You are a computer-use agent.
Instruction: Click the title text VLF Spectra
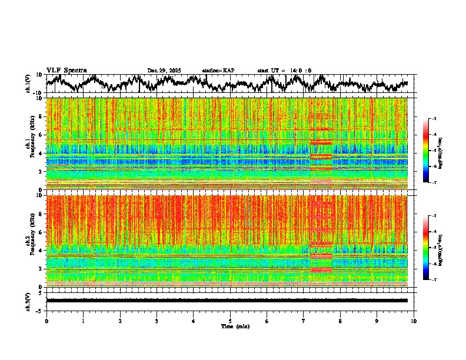pyautogui.click(x=66, y=70)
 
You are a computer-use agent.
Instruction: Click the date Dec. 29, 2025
pyautogui.click(x=165, y=71)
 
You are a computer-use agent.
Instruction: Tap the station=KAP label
pyautogui.click(x=218, y=71)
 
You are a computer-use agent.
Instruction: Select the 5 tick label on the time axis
pyautogui.click(x=230, y=321)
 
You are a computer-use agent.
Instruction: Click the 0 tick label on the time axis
pyautogui.click(x=46, y=321)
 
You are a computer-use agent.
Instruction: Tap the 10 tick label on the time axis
pyautogui.click(x=414, y=321)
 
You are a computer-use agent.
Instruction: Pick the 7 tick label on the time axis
pyautogui.click(x=304, y=321)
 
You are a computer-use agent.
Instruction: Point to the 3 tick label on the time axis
pyautogui.click(x=157, y=321)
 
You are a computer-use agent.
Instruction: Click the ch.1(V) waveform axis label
pyautogui.click(x=28, y=84)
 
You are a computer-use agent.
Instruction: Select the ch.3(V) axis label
pyautogui.click(x=28, y=301)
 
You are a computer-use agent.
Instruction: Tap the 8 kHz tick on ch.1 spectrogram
pyautogui.click(x=42, y=116)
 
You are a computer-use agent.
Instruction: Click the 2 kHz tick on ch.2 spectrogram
pyautogui.click(x=42, y=269)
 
